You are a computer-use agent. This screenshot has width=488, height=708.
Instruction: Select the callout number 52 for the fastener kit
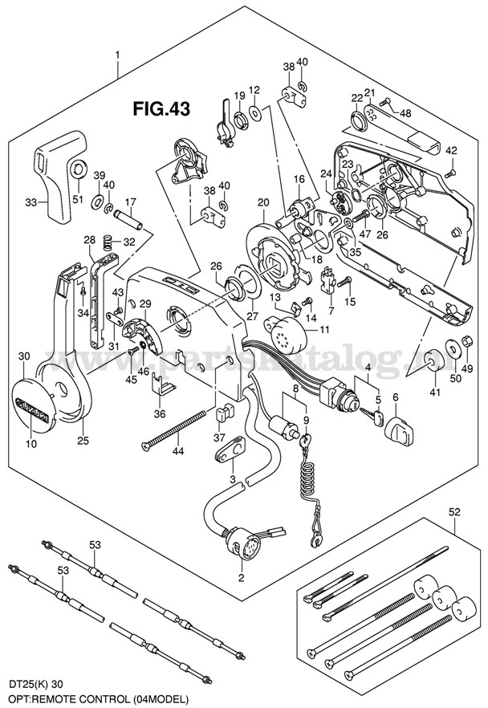(454, 511)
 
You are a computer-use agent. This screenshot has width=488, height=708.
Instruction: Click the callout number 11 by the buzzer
(324, 331)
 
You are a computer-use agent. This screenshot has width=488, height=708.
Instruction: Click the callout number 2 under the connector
(242, 577)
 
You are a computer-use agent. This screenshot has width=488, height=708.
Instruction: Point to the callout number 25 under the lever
(83, 440)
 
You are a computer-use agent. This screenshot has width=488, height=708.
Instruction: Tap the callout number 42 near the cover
(451, 150)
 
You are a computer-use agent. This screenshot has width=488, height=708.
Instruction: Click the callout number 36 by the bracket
(160, 413)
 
